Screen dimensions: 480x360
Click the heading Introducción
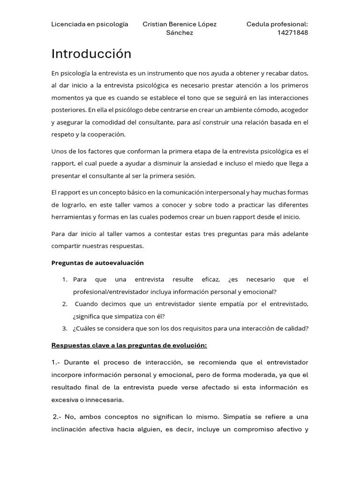pyautogui.click(x=91, y=54)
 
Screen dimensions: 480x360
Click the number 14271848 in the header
pyautogui.click(x=293, y=33)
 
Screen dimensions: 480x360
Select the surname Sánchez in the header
pyautogui.click(x=180, y=33)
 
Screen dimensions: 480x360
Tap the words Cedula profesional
pyautogui.click(x=277, y=24)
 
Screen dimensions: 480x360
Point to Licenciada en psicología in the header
pyautogui.click(x=90, y=24)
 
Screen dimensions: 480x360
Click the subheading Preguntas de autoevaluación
pyautogui.click(x=97, y=263)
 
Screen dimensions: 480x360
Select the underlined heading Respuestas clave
pyautogui.click(x=129, y=345)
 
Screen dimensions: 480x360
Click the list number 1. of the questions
pyautogui.click(x=65, y=280)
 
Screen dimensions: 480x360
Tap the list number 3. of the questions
pyautogui.click(x=65, y=329)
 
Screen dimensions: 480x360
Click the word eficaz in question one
pyautogui.click(x=210, y=280)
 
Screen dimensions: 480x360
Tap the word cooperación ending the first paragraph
pyautogui.click(x=106, y=135)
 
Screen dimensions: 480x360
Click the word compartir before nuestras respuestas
pyautogui.click(x=67, y=246)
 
